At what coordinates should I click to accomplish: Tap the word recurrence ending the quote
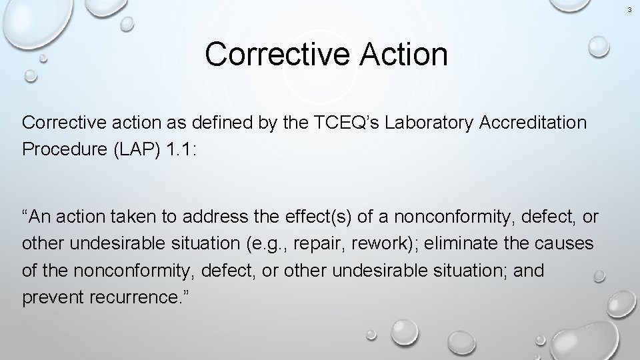pyautogui.click(x=142, y=297)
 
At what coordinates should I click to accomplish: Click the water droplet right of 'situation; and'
pyautogui.click(x=599, y=277)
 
